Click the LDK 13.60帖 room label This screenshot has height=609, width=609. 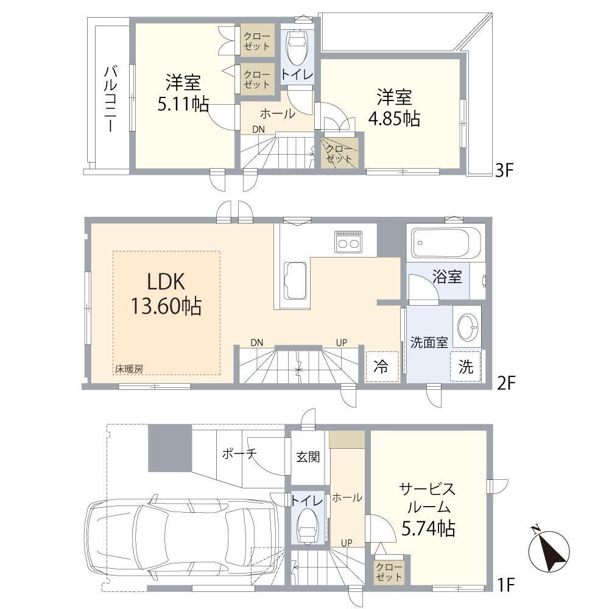(166, 294)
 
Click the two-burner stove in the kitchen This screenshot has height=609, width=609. (348, 242)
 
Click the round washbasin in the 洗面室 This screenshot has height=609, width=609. (467, 326)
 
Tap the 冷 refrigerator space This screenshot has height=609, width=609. (382, 366)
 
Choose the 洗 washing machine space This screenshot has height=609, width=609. (466, 366)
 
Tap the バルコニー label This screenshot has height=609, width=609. (111, 99)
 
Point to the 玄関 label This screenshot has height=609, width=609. (308, 457)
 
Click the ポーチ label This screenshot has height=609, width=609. (239, 453)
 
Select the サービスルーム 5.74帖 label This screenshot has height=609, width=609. (428, 508)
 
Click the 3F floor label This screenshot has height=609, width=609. (505, 170)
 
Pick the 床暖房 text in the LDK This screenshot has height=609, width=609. (129, 369)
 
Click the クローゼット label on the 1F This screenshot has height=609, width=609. (389, 572)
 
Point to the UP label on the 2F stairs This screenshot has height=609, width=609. (342, 342)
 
